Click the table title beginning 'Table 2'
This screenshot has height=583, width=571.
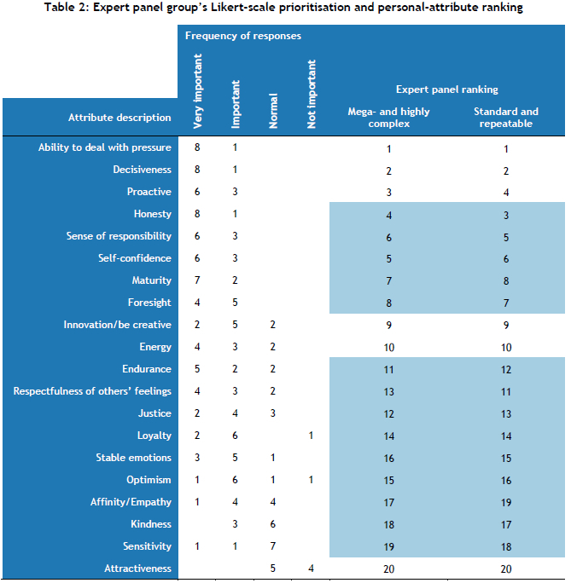point(285,8)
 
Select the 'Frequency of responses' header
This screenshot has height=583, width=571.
point(242,37)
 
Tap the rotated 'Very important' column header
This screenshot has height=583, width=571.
point(198,91)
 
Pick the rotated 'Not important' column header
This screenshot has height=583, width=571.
point(311,94)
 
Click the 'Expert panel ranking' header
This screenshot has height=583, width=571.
point(446,89)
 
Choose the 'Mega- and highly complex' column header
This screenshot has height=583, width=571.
point(388,118)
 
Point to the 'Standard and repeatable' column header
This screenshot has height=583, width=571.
point(505,118)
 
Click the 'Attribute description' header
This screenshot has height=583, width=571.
point(119,118)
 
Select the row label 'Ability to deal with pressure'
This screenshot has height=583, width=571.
point(104,147)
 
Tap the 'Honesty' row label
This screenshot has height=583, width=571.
point(152,214)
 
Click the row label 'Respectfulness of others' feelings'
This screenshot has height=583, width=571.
point(92,391)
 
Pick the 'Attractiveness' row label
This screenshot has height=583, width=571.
point(139,569)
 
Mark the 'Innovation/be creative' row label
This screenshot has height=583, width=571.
point(117,325)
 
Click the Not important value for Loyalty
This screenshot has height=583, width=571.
point(311,436)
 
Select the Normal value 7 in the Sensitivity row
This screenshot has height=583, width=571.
point(273,546)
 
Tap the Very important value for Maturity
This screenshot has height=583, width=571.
point(198,280)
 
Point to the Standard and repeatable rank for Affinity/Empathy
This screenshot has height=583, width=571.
point(505,502)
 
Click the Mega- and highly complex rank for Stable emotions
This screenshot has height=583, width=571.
point(388,458)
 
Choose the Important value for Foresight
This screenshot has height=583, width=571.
point(236,303)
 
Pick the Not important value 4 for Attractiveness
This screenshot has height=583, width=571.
point(311,569)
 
